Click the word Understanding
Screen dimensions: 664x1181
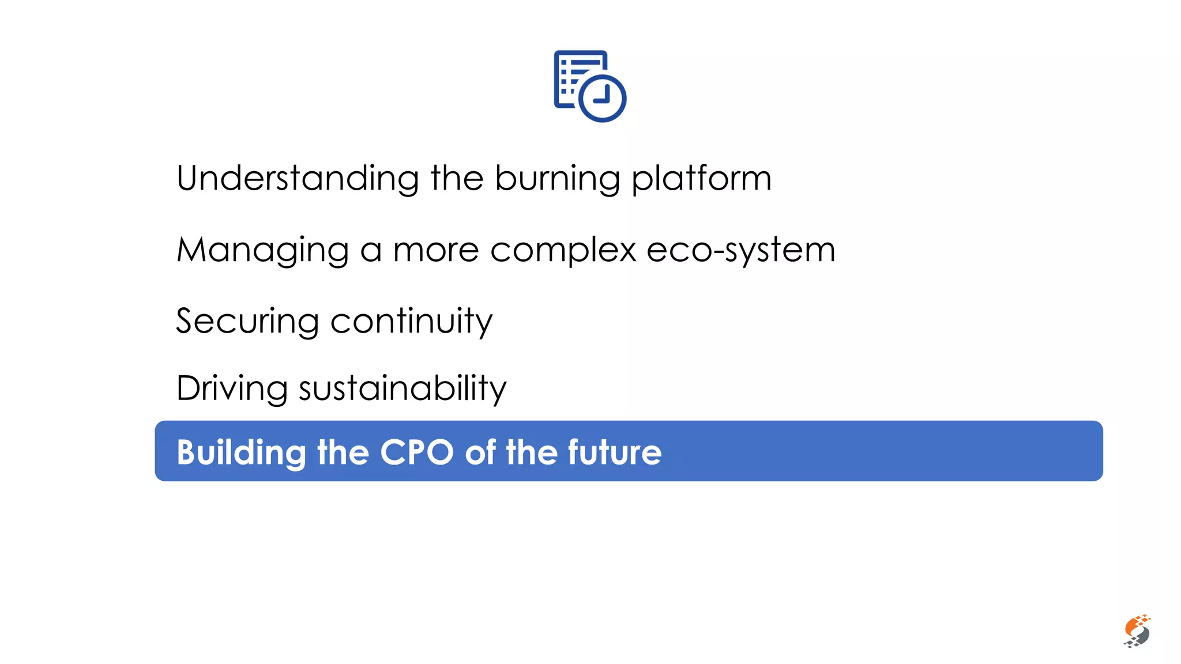pos(298,179)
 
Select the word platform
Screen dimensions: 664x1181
pos(701,179)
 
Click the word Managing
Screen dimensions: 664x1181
pos(262,251)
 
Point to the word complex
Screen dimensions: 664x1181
pos(563,251)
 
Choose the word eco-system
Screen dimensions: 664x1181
pos(740,251)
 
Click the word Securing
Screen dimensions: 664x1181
pos(247,322)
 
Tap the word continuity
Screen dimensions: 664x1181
pos(411,322)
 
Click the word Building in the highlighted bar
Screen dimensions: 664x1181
pos(241,453)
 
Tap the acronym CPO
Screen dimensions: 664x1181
pos(417,452)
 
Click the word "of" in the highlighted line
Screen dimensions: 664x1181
pos(480,452)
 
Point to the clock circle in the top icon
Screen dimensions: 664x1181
pos(602,98)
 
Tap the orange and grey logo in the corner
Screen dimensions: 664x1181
pos(1137,631)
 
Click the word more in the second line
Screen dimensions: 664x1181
pos(436,251)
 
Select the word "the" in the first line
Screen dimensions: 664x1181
pos(457,179)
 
